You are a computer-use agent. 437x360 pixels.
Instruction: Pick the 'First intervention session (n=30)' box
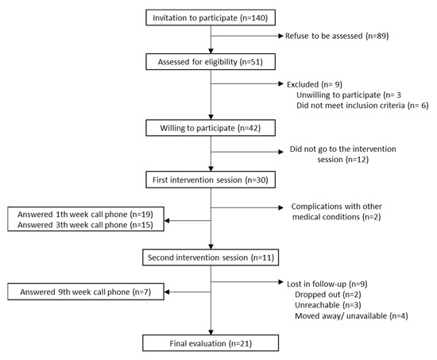tap(210, 180)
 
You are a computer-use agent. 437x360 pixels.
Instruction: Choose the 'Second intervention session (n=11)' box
tap(210, 257)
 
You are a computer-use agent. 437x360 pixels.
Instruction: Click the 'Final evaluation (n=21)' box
tap(210, 343)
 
